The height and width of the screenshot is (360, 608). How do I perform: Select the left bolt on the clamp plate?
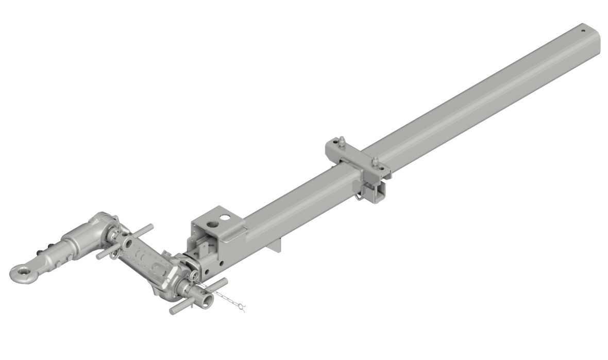click(x=342, y=141)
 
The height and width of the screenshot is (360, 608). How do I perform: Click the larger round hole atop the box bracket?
click(x=212, y=224)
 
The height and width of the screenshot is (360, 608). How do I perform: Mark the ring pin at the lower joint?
click(x=193, y=277)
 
